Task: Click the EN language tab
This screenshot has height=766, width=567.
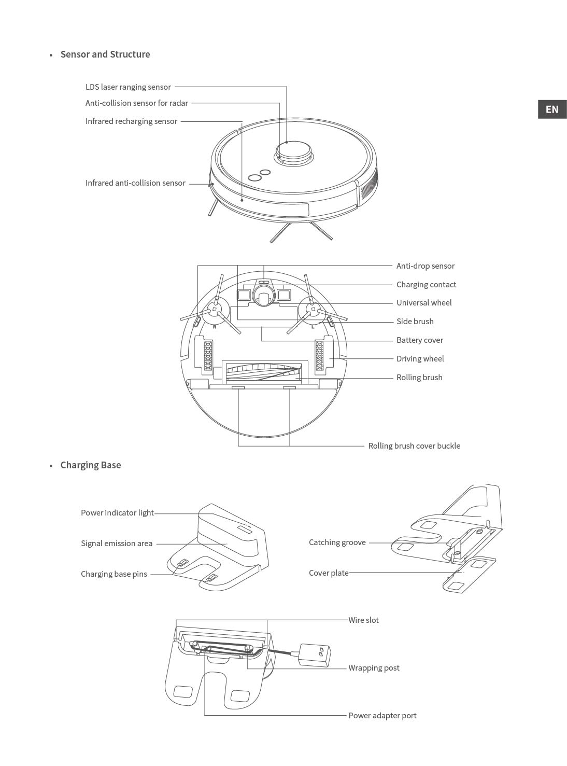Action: pyautogui.click(x=552, y=109)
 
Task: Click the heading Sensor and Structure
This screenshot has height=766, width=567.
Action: pyautogui.click(x=105, y=54)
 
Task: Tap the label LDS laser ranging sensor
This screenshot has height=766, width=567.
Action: pyautogui.click(x=128, y=87)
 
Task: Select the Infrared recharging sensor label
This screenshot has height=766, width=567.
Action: pyautogui.click(x=131, y=121)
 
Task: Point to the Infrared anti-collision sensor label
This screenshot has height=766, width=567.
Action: pyautogui.click(x=135, y=183)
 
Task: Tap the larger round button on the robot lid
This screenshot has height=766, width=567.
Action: pyautogui.click(x=254, y=178)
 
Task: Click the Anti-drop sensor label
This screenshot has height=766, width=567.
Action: pyautogui.click(x=425, y=266)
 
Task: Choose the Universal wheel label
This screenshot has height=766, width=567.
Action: pyautogui.click(x=424, y=303)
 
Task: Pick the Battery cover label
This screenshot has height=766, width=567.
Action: pyautogui.click(x=420, y=340)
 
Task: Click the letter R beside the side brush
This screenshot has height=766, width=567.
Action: pyautogui.click(x=215, y=327)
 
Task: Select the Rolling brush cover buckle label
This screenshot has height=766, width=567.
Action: pyautogui.click(x=414, y=446)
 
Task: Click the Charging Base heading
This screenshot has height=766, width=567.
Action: pyautogui.click(x=91, y=465)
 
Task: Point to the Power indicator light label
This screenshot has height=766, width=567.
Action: pyautogui.click(x=117, y=513)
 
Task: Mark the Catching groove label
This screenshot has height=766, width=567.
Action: pyautogui.click(x=337, y=542)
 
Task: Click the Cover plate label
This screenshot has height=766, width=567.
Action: pyautogui.click(x=329, y=573)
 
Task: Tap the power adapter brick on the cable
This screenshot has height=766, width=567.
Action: pyautogui.click(x=315, y=655)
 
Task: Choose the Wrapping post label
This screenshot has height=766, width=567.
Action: pyautogui.click(x=374, y=667)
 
